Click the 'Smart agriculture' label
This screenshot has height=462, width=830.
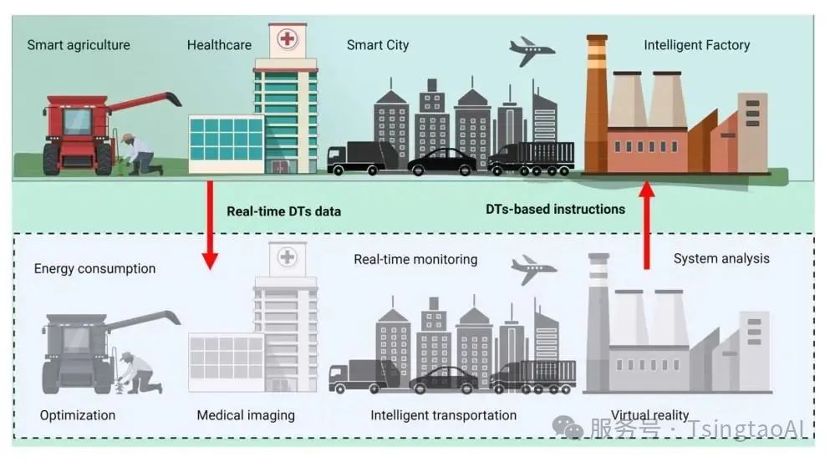(79, 45)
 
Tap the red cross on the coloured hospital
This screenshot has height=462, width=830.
(288, 38)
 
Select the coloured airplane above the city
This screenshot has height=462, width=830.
(532, 51)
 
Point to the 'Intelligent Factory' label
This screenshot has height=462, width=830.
(696, 45)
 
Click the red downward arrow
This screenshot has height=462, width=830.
(210, 225)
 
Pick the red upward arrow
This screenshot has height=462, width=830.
(646, 225)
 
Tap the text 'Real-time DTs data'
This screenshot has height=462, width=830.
(283, 211)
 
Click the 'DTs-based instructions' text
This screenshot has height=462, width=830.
(555, 210)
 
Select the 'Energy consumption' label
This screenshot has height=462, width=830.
(94, 269)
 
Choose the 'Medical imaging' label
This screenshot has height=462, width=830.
(246, 415)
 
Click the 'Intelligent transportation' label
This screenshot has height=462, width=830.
(444, 415)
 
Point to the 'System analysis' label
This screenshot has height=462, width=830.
(721, 259)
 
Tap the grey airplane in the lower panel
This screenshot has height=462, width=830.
(533, 269)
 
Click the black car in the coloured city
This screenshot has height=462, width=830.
(442, 162)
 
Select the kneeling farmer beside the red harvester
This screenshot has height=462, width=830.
(139, 155)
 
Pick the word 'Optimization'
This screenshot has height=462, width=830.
(78, 415)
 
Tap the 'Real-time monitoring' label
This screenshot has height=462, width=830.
(415, 260)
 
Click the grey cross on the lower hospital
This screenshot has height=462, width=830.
(288, 257)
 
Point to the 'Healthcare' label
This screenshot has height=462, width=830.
(219, 45)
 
